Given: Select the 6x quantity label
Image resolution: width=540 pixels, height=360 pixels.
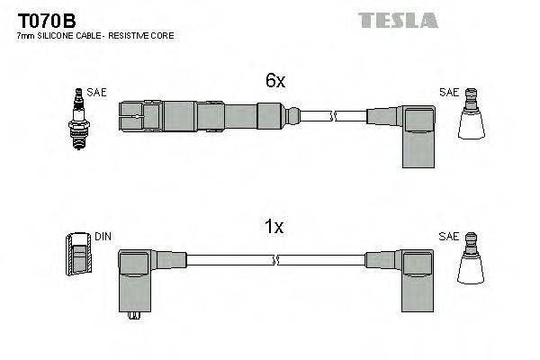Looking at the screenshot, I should pyautogui.click(x=274, y=81).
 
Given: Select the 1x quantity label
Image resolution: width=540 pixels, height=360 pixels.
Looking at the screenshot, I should pyautogui.click(x=274, y=228).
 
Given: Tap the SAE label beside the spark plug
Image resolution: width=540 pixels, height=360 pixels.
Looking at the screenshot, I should pyautogui.click(x=95, y=92).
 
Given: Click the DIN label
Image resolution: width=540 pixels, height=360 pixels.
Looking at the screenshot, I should pyautogui.click(x=103, y=237).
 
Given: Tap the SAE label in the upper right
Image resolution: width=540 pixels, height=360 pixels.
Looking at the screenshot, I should pyautogui.click(x=448, y=92).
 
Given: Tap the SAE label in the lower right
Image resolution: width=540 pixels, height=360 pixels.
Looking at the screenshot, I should pyautogui.click(x=448, y=237).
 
